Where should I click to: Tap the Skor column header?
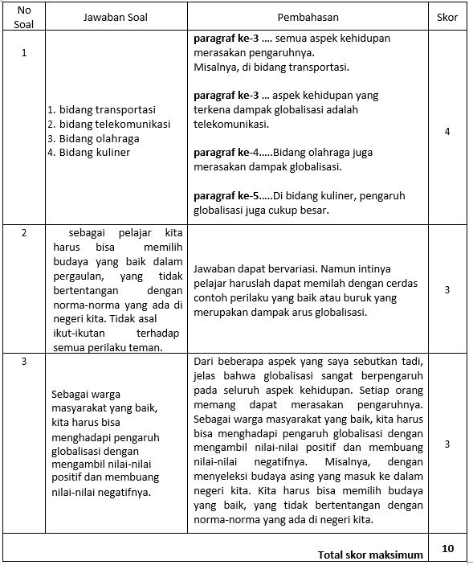point(447,17)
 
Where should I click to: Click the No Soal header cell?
point(24,17)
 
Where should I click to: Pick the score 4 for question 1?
point(447,131)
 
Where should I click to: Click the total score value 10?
point(447,548)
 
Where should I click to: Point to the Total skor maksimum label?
point(370,555)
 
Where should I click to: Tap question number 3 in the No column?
point(24,362)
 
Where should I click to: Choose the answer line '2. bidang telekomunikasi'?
point(108,124)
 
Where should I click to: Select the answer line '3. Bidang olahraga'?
point(93,138)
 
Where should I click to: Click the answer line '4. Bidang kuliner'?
point(88,152)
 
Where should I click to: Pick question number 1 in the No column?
point(24,53)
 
